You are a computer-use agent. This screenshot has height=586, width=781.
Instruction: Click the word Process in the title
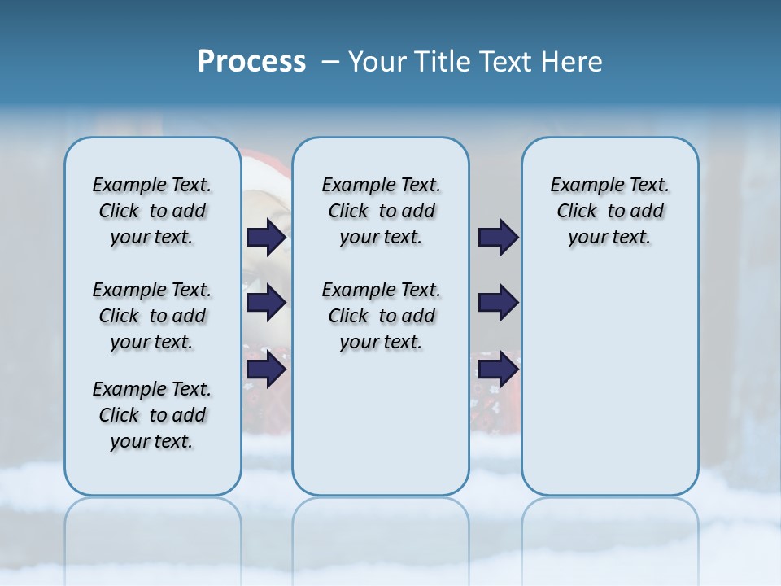(x=251, y=62)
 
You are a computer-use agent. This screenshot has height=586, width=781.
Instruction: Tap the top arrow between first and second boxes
(x=266, y=238)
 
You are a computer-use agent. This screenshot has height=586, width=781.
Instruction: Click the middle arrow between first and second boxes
(x=266, y=303)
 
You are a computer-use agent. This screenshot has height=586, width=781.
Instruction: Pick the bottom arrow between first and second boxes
(x=266, y=369)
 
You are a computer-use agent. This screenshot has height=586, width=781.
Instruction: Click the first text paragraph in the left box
(x=152, y=211)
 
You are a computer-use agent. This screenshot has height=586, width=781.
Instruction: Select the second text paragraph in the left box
(x=152, y=316)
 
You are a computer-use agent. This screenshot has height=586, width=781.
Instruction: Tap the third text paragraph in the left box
(x=152, y=415)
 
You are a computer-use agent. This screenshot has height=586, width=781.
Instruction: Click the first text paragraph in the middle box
(x=381, y=211)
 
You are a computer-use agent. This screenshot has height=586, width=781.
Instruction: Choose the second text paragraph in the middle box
(x=381, y=316)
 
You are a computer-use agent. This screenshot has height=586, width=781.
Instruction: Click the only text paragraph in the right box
(x=610, y=211)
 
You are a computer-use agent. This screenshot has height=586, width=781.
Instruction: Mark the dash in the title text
(x=330, y=62)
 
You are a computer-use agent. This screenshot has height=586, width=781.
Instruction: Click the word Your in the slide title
(x=376, y=62)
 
